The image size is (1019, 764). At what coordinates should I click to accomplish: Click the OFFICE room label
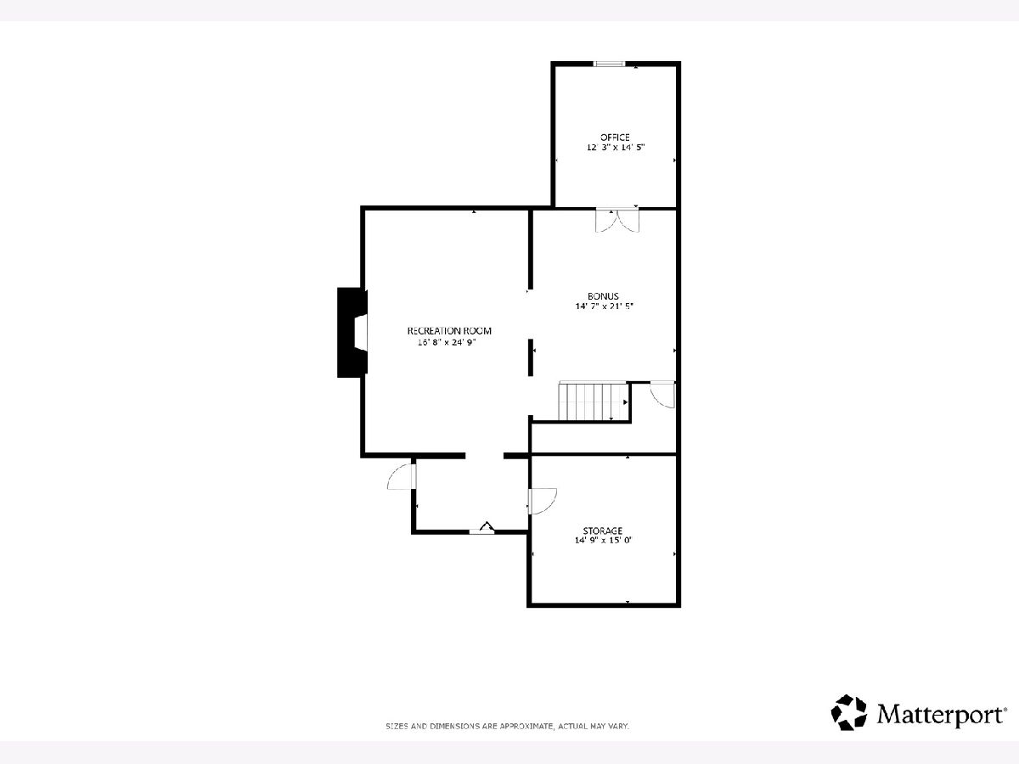click(x=615, y=138)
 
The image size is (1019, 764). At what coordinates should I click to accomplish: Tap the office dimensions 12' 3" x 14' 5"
click(x=616, y=148)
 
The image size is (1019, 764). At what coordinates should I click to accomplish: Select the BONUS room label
click(x=603, y=296)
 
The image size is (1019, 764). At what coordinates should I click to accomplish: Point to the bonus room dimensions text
click(x=604, y=306)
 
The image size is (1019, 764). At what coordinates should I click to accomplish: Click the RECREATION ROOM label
click(x=449, y=331)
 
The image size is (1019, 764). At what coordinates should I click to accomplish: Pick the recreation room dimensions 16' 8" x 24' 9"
click(x=447, y=342)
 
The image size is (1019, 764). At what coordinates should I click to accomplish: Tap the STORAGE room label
click(x=603, y=531)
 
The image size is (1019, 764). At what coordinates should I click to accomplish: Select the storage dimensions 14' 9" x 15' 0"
click(x=603, y=540)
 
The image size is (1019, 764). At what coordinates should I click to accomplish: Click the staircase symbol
click(x=594, y=402)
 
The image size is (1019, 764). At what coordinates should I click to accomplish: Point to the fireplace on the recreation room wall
click(x=352, y=332)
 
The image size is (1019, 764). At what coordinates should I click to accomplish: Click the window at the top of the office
click(x=610, y=64)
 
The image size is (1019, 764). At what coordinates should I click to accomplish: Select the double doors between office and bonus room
click(x=617, y=221)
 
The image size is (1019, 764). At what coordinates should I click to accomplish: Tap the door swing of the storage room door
click(x=543, y=501)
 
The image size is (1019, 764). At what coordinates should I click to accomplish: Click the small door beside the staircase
click(x=662, y=395)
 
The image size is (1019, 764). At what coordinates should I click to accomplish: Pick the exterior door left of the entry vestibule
click(x=402, y=476)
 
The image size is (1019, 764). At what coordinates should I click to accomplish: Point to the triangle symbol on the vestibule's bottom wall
click(x=487, y=526)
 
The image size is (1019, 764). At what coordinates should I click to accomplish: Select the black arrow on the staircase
click(x=625, y=402)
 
